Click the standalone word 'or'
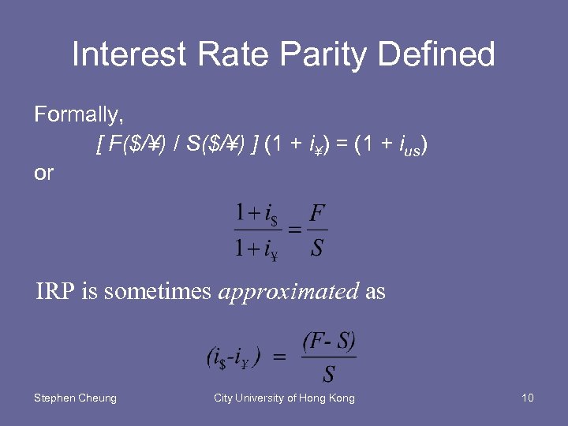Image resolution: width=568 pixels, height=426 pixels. click(43, 173)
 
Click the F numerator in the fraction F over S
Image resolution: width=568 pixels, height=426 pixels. click(318, 213)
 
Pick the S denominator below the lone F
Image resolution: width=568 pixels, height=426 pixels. click(317, 248)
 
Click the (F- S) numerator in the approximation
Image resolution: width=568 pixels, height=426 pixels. click(329, 343)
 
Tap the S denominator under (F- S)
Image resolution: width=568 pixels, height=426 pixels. click(328, 374)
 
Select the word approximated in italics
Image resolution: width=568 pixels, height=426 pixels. click(289, 292)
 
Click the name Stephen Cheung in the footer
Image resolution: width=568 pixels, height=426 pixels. click(75, 398)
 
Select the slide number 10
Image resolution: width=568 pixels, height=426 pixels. click(527, 398)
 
